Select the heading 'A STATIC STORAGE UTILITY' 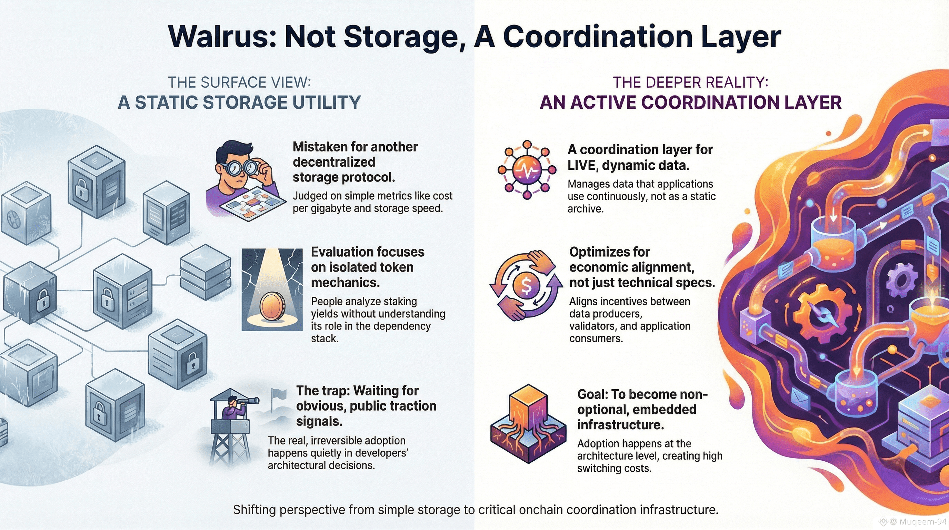[x=239, y=102]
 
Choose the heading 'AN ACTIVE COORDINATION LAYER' [x=690, y=102]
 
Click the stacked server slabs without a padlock [x=205, y=273]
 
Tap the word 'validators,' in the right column [x=593, y=326]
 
